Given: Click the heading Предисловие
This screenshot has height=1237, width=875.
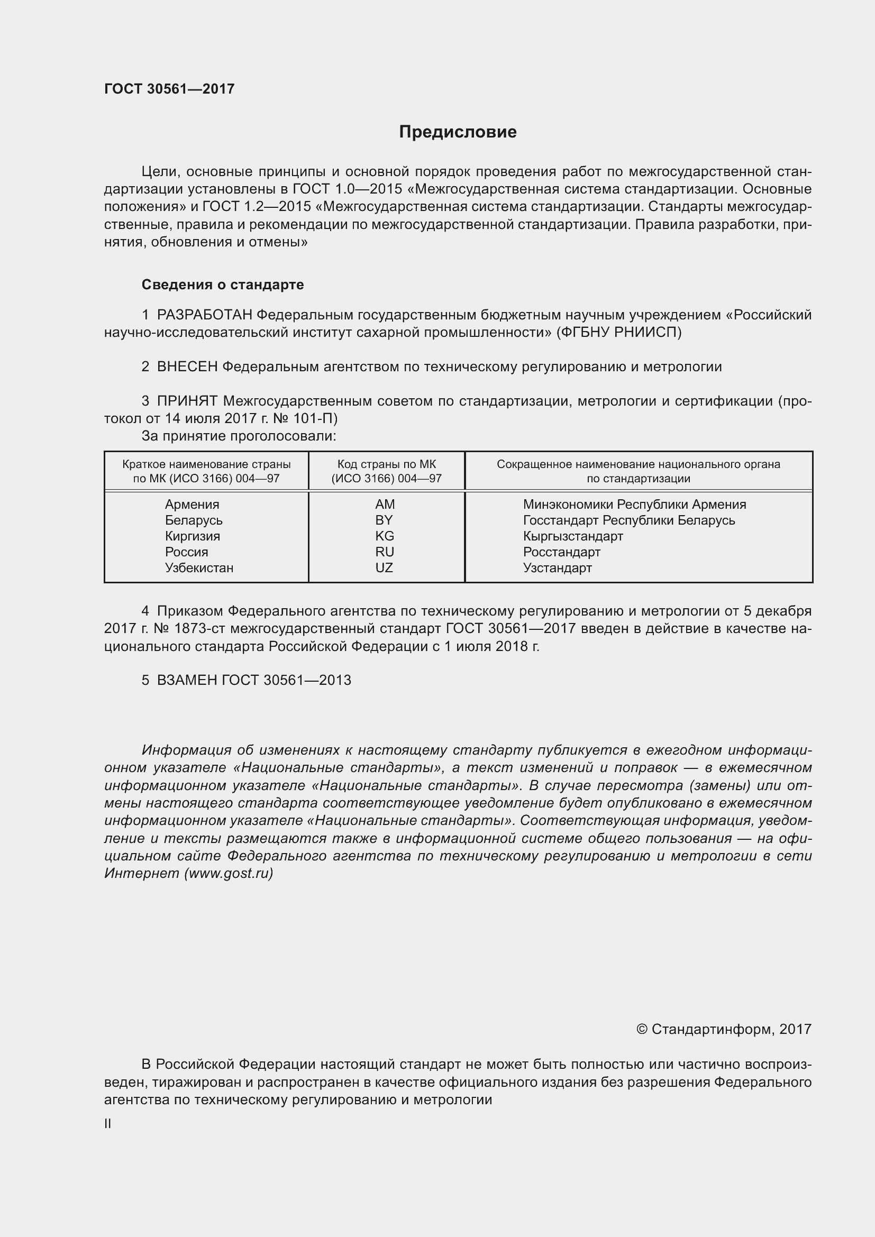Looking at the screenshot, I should [458, 132].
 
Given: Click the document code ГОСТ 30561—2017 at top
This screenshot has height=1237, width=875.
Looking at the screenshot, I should [169, 89].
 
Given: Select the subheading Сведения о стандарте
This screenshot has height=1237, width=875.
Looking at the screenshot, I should [223, 285].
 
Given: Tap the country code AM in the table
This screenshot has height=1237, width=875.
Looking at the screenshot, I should [385, 505].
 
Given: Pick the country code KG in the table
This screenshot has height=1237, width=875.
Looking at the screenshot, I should [385, 536].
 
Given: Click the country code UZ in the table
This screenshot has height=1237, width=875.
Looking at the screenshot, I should [384, 568].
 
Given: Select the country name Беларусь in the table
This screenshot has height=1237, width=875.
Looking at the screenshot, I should [194, 520].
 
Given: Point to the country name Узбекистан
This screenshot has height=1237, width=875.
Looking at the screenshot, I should [199, 568].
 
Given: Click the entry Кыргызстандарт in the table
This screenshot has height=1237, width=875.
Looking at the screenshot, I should [573, 536].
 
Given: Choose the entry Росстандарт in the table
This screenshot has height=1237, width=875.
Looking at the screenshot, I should [561, 552].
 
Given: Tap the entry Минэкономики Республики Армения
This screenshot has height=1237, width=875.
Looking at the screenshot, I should [634, 505].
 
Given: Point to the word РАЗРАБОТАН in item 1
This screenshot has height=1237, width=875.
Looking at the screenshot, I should [204, 315].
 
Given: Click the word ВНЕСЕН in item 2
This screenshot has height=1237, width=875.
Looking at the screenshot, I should [187, 367].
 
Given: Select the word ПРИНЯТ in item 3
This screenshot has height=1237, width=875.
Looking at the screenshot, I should [187, 401].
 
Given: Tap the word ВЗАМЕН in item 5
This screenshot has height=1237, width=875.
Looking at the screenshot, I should [186, 680].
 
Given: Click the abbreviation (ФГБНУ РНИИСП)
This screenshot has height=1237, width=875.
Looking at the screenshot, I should [619, 333].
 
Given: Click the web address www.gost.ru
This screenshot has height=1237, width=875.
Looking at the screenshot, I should [229, 873].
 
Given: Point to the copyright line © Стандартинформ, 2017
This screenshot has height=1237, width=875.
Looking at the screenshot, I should [724, 1030].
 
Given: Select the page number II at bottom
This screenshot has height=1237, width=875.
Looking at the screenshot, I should [108, 1124].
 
